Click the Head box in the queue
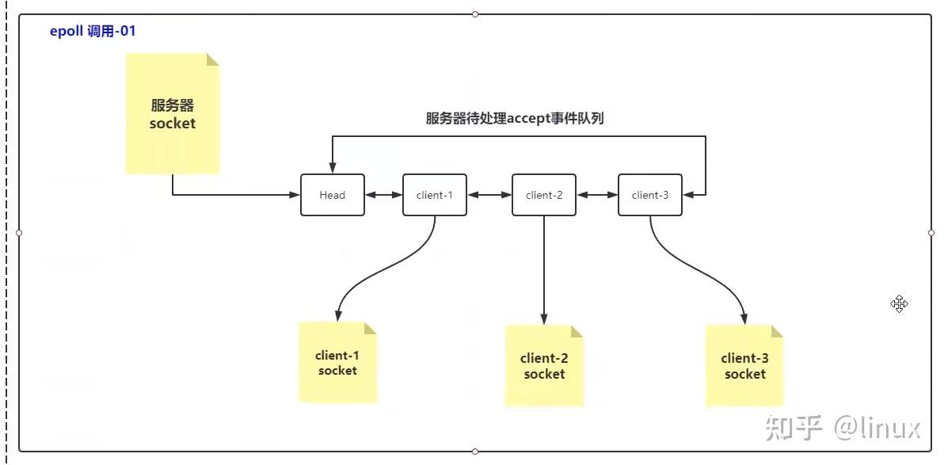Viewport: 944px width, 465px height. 333,195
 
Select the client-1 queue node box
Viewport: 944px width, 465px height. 434,195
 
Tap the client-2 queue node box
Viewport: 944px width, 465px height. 543,195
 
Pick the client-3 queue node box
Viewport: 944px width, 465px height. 649,195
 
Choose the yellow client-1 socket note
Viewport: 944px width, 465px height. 337,363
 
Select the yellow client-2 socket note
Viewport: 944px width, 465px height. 544,366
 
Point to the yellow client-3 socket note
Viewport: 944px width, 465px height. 744,366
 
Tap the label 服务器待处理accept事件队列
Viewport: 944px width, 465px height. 515,119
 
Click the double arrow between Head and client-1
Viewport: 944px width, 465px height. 384,195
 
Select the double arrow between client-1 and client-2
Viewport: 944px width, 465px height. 489,195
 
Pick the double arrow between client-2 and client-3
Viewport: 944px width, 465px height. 597,195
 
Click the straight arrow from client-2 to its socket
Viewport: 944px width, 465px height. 544,269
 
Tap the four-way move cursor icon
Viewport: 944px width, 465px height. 898,304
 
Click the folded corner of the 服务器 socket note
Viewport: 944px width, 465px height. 211,60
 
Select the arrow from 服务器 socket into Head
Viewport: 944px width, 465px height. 230,195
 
